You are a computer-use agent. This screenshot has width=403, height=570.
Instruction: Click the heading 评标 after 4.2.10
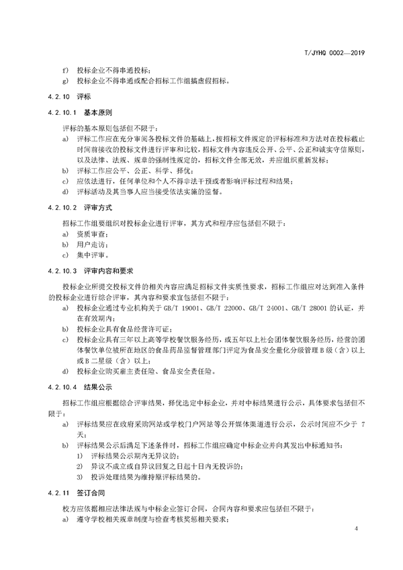(91, 97)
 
